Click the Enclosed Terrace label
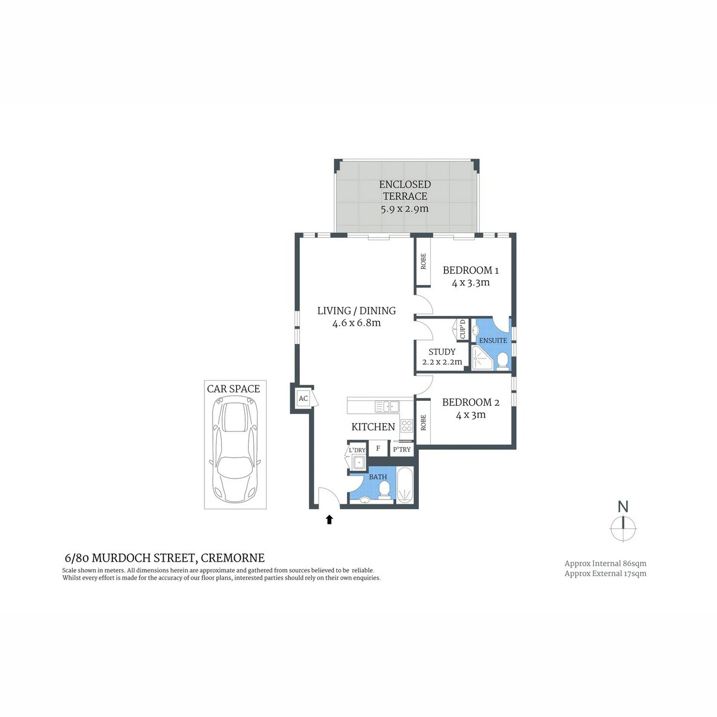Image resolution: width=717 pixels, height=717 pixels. [405, 190]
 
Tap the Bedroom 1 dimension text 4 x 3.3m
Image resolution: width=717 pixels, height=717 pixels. [470, 283]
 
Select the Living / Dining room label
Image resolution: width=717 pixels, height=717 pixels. [356, 310]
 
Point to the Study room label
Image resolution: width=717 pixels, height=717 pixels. [442, 351]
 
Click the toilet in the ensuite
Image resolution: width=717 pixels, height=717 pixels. [502, 360]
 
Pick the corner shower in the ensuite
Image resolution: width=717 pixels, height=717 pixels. [482, 358]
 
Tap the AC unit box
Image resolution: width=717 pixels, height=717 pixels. [303, 399]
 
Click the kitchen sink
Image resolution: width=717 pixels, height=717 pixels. [387, 406]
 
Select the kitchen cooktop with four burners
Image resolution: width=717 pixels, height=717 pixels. [406, 425]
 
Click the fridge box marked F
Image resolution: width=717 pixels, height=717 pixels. [378, 448]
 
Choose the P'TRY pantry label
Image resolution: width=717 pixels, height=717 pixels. [402, 449]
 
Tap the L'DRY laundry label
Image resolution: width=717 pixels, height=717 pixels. [357, 451]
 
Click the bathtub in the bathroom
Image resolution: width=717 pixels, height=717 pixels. [405, 485]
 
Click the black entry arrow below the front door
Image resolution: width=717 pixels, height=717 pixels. [329, 519]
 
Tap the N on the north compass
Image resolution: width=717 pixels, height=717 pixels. [623, 507]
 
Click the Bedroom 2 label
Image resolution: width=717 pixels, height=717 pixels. [470, 402]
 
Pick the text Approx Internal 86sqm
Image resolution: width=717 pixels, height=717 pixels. [605, 563]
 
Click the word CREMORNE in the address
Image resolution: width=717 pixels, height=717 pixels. [232, 557]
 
